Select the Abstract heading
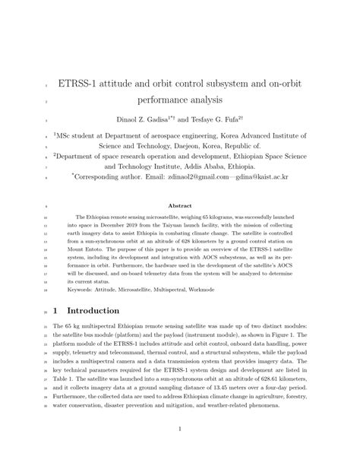[179, 206]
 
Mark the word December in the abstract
[123, 226]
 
